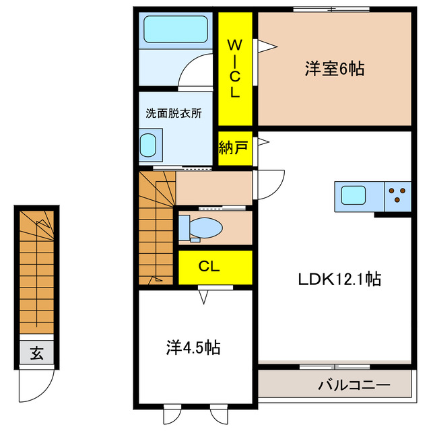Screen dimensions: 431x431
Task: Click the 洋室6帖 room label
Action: coord(334,69)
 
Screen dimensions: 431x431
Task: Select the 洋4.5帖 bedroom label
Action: coord(193,347)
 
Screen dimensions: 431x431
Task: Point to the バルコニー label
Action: coord(354,386)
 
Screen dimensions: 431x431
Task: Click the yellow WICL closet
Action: coord(234,69)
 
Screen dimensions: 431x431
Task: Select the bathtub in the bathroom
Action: coord(176,30)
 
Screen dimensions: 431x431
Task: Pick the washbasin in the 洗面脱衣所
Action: coord(149,145)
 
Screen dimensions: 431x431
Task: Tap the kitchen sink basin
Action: coord(354,196)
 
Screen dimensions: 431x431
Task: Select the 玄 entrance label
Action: coord(36,352)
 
